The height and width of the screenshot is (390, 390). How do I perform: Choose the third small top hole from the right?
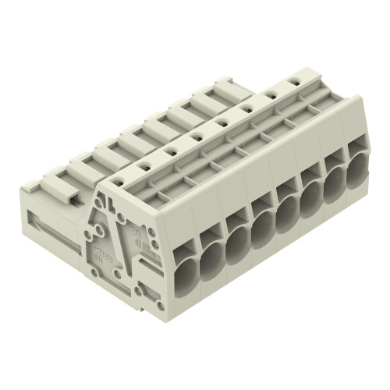coord(246,109)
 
